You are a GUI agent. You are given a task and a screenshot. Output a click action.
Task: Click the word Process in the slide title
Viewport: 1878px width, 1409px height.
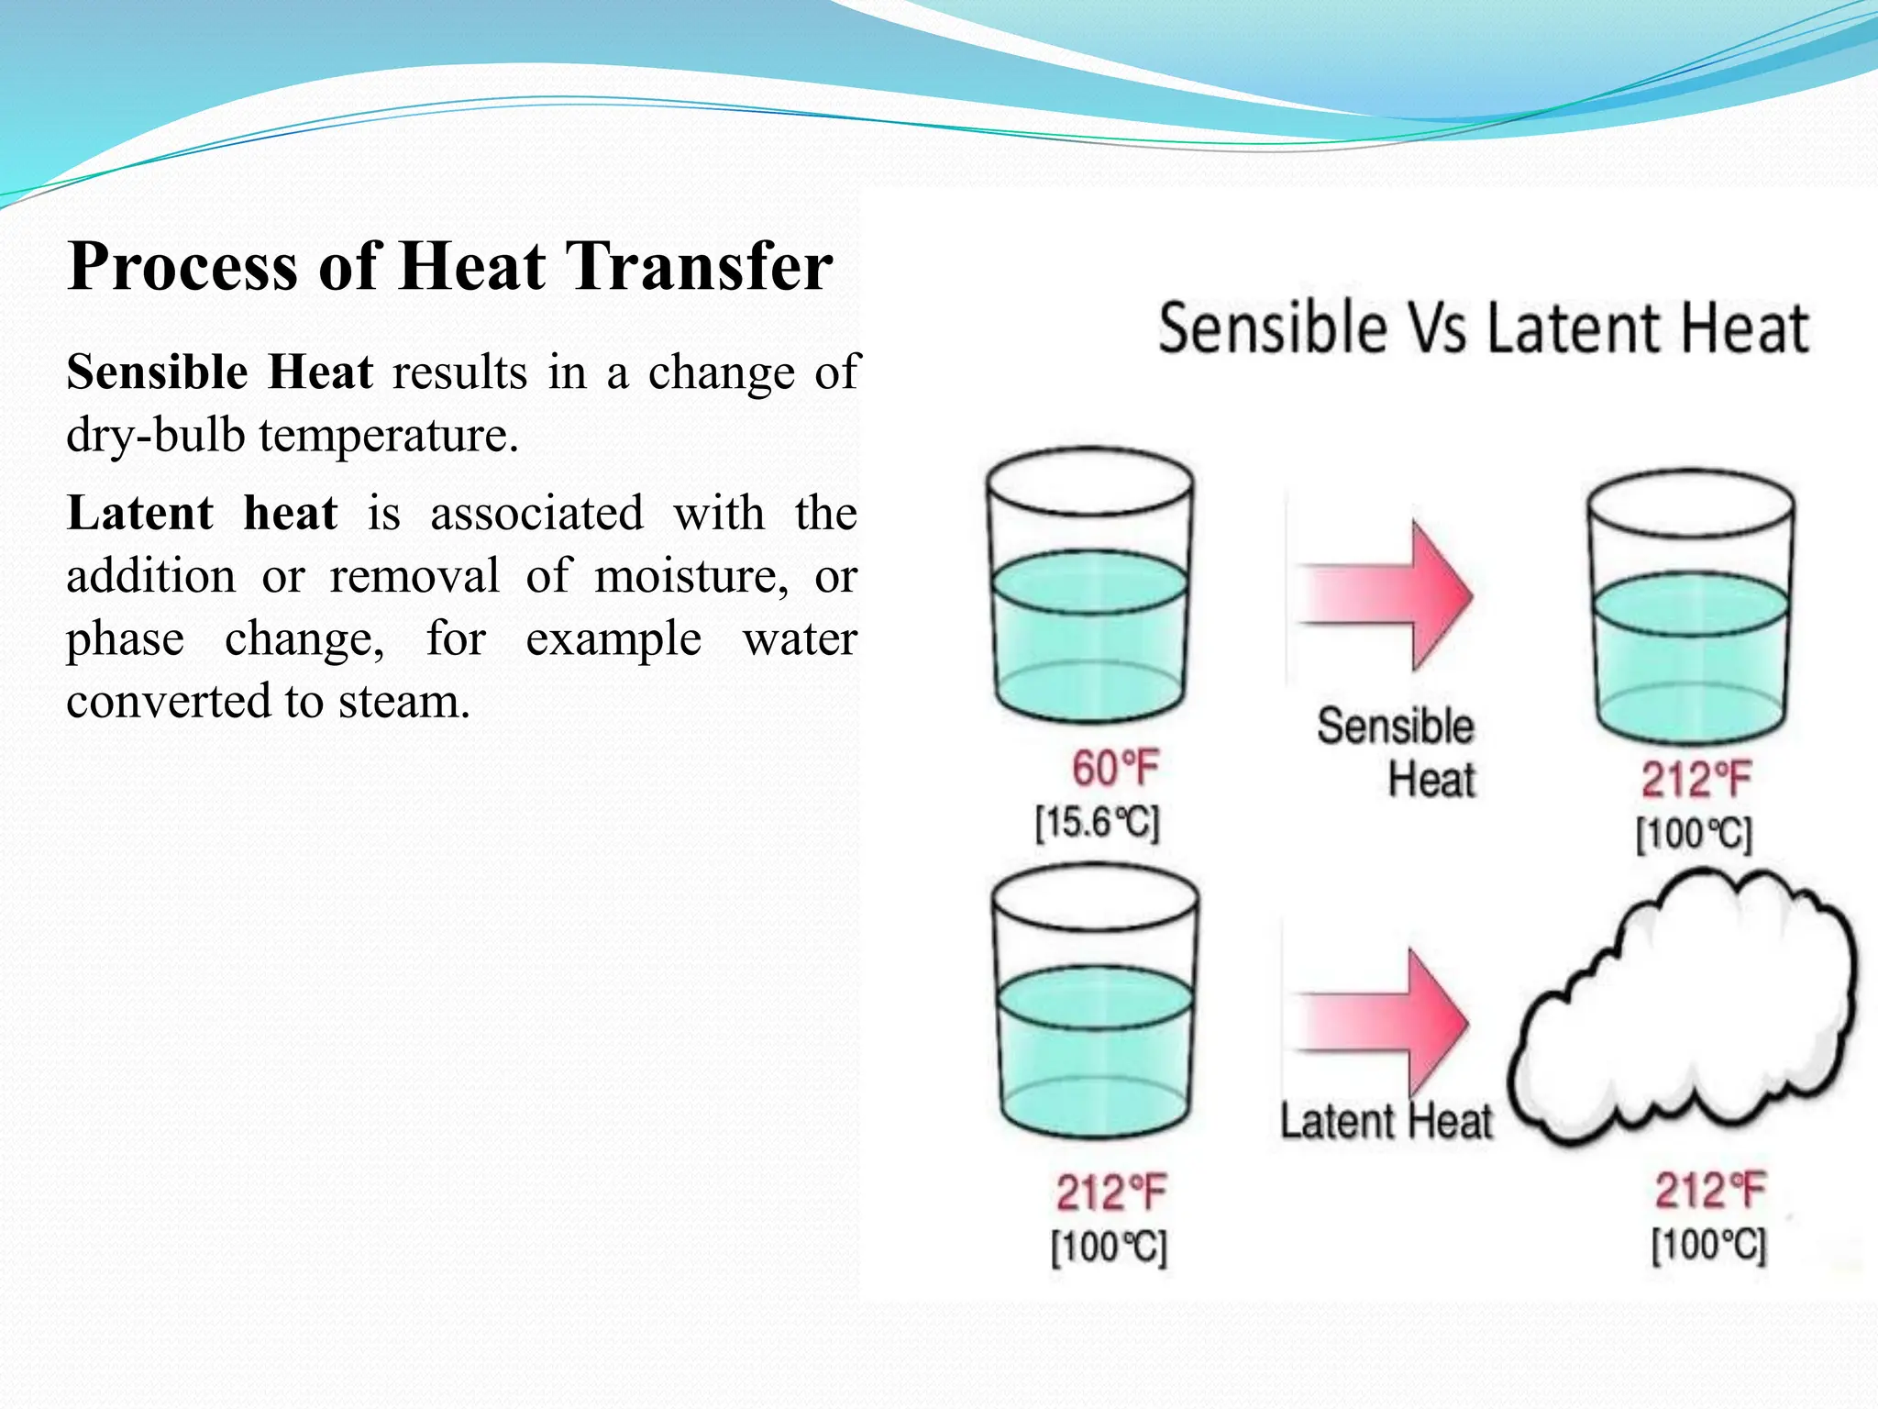point(182,267)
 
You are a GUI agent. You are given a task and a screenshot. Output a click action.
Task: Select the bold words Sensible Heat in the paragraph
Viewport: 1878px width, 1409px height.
point(219,373)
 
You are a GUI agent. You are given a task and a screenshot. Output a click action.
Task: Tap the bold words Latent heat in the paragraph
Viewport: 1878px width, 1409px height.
point(202,513)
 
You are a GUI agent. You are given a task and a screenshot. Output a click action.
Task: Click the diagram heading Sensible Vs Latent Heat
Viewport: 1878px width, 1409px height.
point(1483,328)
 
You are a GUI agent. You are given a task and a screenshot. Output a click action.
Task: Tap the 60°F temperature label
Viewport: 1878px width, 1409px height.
point(1115,768)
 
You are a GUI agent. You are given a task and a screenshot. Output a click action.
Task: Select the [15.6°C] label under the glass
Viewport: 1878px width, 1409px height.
point(1098,822)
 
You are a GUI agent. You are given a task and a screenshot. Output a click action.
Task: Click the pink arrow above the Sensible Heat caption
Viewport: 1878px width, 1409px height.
point(1386,594)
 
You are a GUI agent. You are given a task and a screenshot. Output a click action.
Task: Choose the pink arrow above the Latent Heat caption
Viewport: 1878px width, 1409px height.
point(1382,1022)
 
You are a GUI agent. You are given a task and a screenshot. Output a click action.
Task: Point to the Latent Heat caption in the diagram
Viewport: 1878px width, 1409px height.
point(1386,1122)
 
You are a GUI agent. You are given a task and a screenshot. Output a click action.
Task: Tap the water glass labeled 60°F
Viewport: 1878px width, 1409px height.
point(1089,587)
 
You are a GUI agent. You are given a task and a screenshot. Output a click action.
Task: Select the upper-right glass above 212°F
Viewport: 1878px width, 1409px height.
point(1690,607)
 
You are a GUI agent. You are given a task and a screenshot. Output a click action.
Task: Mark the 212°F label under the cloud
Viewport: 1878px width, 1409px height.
point(1708,1191)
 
